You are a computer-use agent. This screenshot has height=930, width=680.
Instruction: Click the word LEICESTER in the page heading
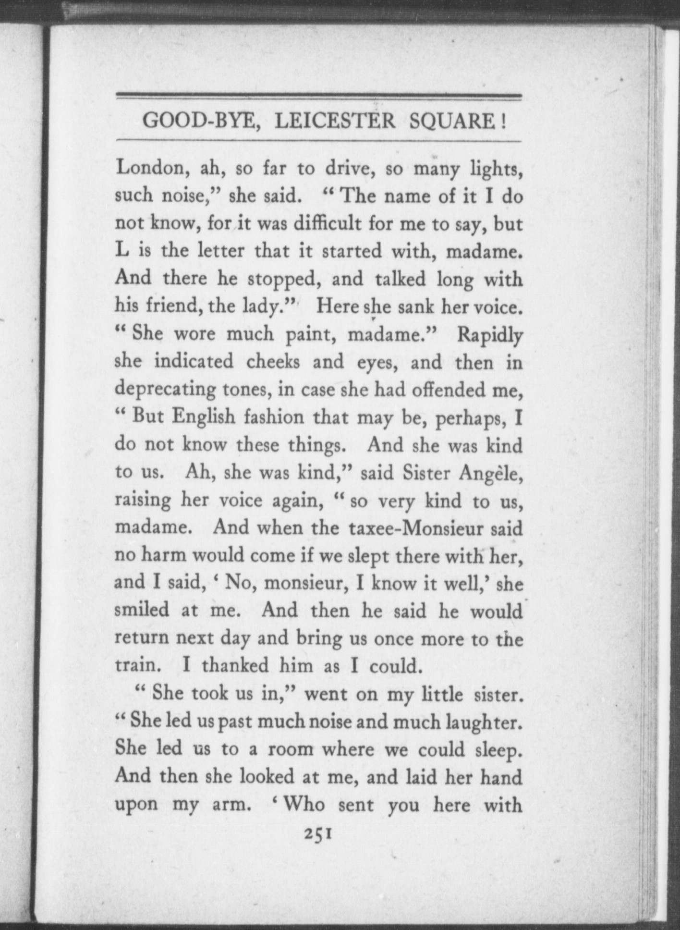pyautogui.click(x=335, y=121)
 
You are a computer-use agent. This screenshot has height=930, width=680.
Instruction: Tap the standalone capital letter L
pyautogui.click(x=121, y=251)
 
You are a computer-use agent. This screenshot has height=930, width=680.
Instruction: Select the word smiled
pyautogui.click(x=142, y=610)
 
